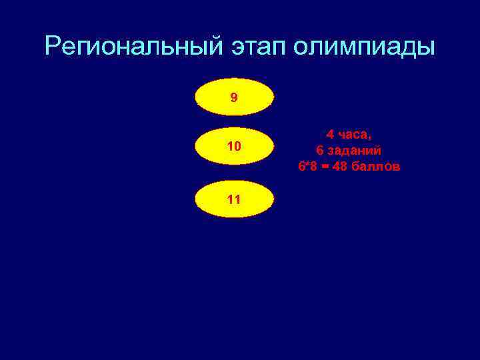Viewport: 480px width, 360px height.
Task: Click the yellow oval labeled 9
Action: pyautogui.click(x=234, y=97)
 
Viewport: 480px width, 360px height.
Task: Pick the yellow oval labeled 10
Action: pyautogui.click(x=234, y=146)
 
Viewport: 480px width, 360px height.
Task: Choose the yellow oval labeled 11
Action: pyautogui.click(x=234, y=199)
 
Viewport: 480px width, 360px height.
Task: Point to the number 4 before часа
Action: pyautogui.click(x=330, y=135)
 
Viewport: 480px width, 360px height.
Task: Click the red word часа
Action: pyautogui.click(x=352, y=135)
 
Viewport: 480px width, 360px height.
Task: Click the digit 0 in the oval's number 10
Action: pyautogui.click(x=237, y=146)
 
